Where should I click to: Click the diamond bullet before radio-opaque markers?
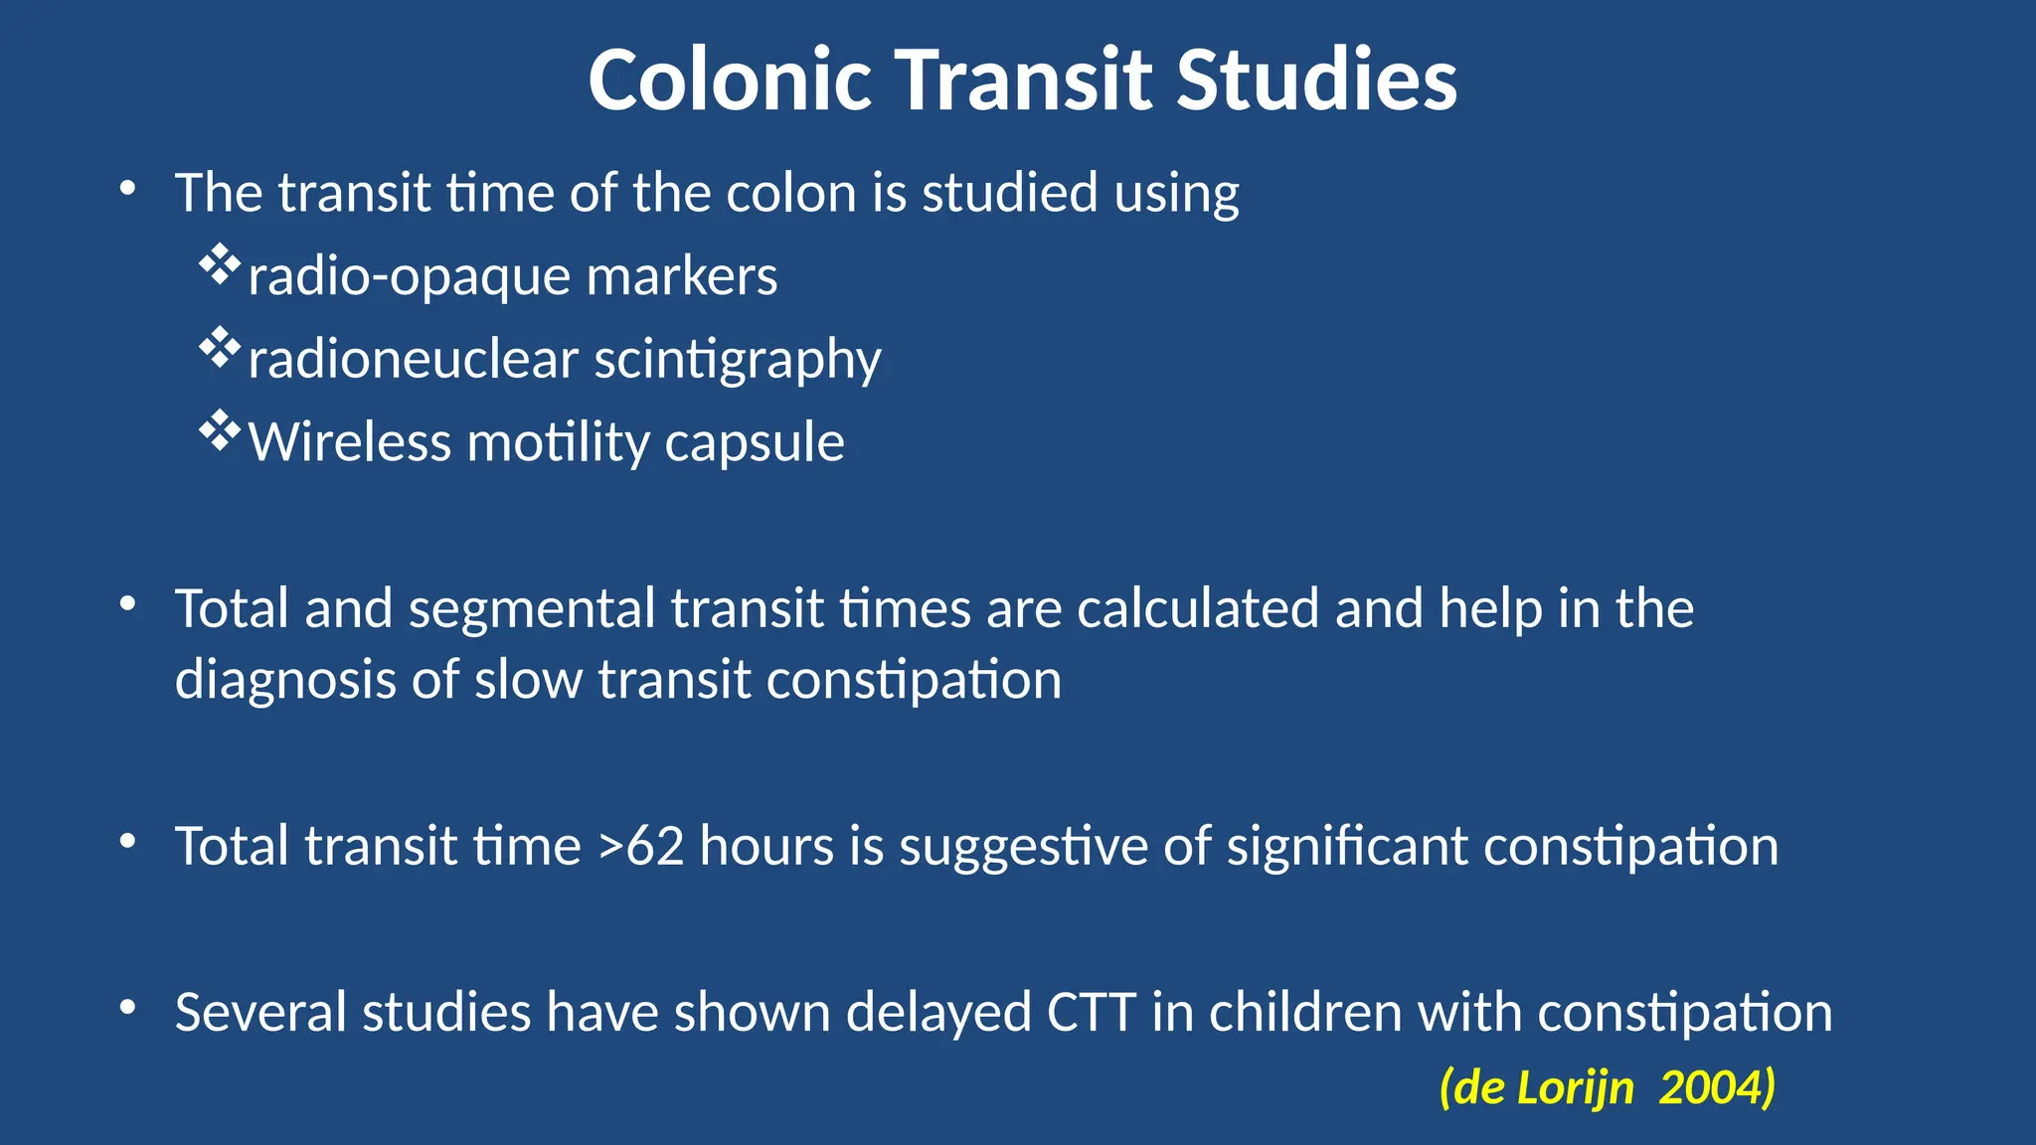(x=220, y=265)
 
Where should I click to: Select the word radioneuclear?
(x=413, y=359)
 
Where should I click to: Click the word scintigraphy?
(x=737, y=361)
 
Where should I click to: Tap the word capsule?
(x=754, y=443)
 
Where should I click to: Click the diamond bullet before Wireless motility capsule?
(x=220, y=431)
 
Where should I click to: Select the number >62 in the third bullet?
(x=641, y=847)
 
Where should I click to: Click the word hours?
(x=766, y=847)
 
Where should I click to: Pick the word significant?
(x=1347, y=847)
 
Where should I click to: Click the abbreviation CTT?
(x=1091, y=1013)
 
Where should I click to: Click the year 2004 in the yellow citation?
(x=1716, y=1087)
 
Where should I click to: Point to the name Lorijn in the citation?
(x=1575, y=1087)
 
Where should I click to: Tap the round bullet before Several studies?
(x=127, y=1008)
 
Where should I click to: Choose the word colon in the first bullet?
(x=790, y=193)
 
